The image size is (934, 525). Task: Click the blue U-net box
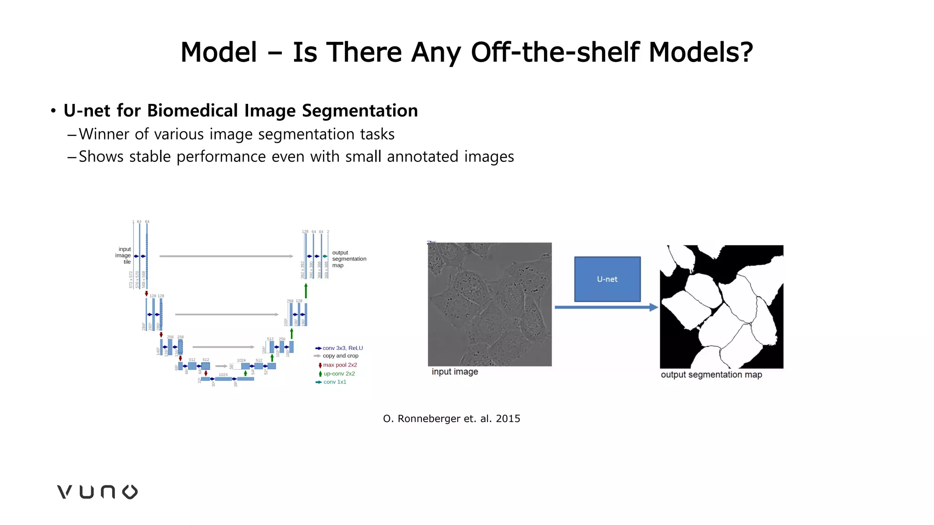(607, 279)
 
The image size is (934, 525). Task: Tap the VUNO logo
(97, 492)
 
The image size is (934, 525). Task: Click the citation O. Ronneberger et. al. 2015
(451, 418)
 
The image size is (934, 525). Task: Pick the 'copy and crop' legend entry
(340, 356)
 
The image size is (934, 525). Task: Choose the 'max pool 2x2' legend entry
(340, 365)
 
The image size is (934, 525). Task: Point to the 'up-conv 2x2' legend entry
(339, 374)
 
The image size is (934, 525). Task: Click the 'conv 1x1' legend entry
(334, 382)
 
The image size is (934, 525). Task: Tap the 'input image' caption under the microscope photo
(455, 371)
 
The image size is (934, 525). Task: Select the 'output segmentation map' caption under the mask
(711, 375)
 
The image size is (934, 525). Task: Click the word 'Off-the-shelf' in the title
(555, 52)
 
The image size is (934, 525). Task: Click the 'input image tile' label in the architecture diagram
(124, 255)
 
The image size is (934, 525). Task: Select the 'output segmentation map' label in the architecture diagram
(349, 259)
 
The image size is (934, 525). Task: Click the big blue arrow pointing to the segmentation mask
(606, 308)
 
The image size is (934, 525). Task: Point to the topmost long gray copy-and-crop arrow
(226, 256)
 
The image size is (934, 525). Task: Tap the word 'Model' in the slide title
(219, 52)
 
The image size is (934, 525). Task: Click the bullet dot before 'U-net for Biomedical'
(53, 111)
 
